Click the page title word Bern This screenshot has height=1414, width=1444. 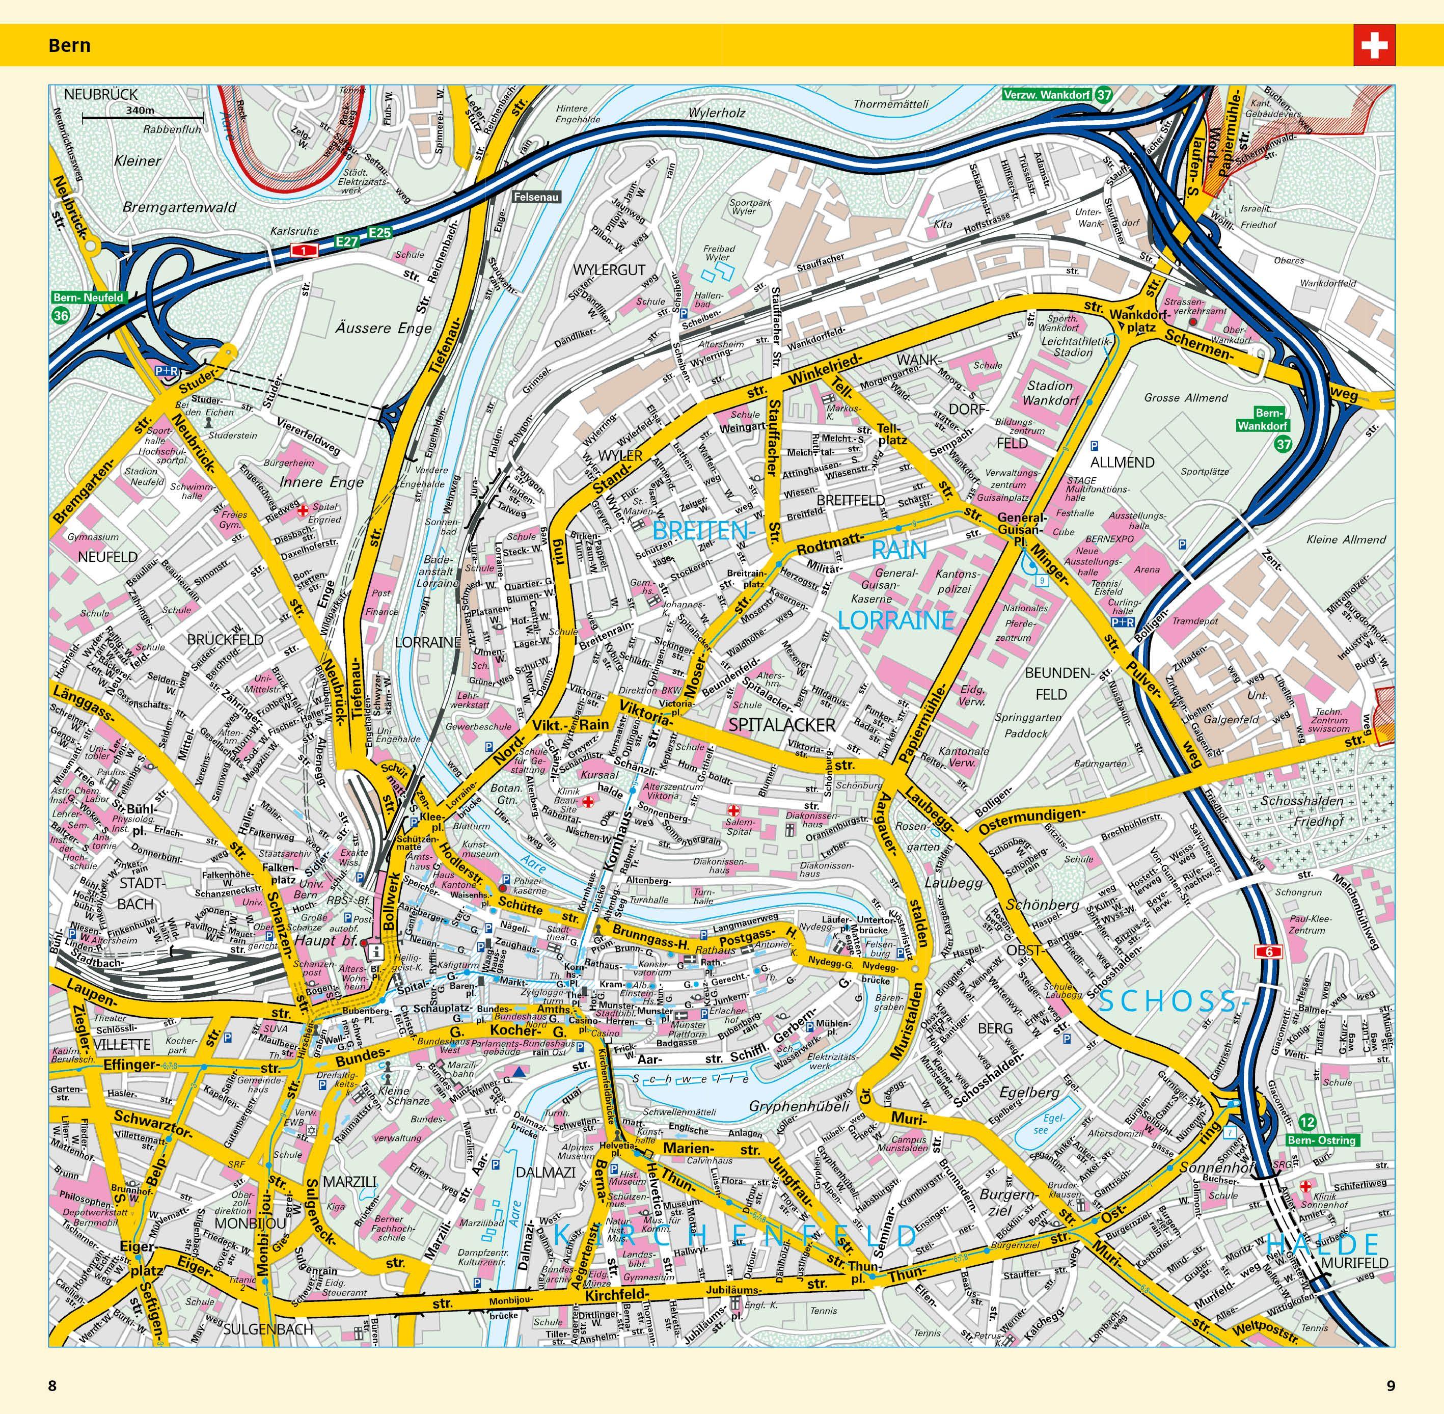click(69, 45)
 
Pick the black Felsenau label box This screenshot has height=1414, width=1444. click(535, 198)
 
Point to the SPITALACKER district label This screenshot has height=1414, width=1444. click(782, 724)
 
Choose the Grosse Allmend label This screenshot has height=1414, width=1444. click(1186, 397)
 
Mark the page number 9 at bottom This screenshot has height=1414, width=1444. click(1391, 1386)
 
